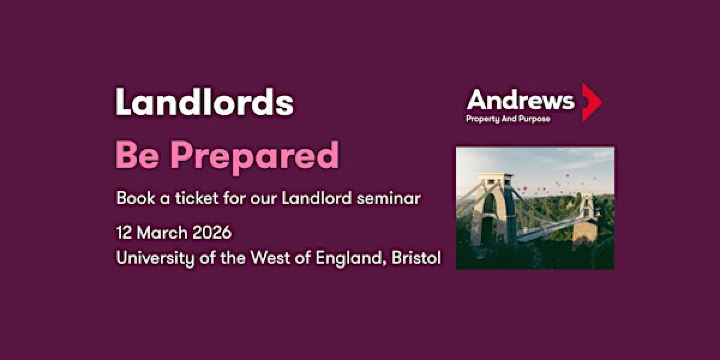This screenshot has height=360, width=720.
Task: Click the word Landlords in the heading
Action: click(x=204, y=102)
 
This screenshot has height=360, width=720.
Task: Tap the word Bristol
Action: click(x=412, y=257)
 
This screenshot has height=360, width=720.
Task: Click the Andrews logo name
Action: click(x=520, y=99)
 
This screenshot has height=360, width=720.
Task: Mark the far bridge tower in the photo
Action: click(x=587, y=212)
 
